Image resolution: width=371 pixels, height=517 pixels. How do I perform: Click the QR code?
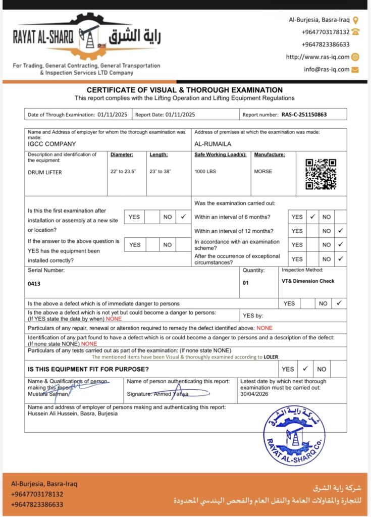pyautogui.click(x=321, y=174)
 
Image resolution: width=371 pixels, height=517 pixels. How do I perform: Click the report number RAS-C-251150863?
pyautogui.click(x=304, y=115)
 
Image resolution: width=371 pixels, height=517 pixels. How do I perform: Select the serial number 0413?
pyautogui.click(x=34, y=284)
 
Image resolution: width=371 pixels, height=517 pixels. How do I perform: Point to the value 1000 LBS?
pyautogui.click(x=205, y=172)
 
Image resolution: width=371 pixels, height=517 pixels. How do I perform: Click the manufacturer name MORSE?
pyautogui.click(x=263, y=172)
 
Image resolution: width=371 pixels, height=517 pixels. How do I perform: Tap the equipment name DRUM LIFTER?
pyautogui.click(x=45, y=172)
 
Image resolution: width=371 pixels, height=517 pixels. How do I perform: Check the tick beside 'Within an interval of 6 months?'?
pyautogui.click(x=312, y=217)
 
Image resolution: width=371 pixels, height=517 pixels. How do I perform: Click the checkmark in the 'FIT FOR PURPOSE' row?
pyautogui.click(x=305, y=369)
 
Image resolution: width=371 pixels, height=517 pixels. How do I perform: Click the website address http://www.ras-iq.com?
pyautogui.click(x=317, y=57)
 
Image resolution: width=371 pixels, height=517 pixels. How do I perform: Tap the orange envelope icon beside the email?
pyautogui.click(x=355, y=69)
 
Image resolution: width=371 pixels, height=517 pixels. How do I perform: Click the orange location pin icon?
pyautogui.click(x=355, y=20)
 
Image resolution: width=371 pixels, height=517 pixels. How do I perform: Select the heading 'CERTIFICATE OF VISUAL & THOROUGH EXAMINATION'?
pyautogui.click(x=185, y=90)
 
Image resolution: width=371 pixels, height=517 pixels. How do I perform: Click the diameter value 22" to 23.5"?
pyautogui.click(x=123, y=172)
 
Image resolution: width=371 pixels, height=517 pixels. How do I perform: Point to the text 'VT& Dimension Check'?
pyautogui.click(x=308, y=281)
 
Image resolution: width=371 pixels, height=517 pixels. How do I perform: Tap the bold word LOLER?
pyautogui.click(x=271, y=357)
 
